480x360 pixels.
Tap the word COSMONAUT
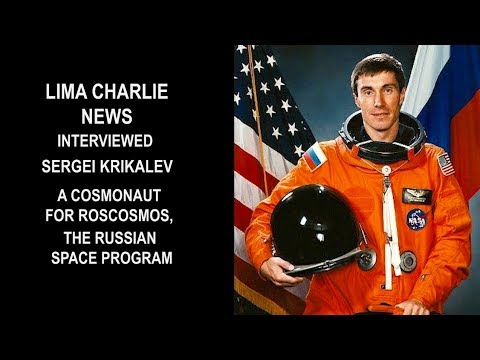[x=132, y=191]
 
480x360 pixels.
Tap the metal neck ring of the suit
[x=374, y=151]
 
